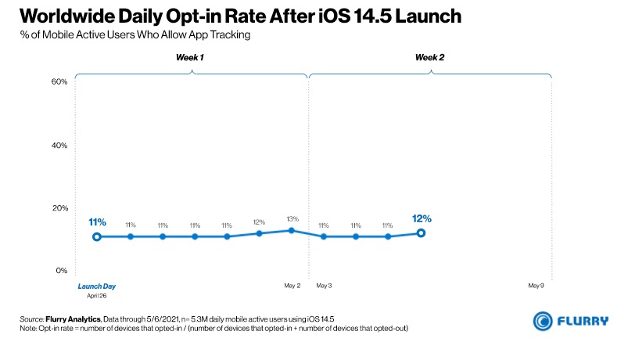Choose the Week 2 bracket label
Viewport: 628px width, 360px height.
click(x=429, y=57)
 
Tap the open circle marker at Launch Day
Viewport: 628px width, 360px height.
click(x=97, y=236)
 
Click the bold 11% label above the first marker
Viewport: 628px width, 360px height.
click(x=97, y=221)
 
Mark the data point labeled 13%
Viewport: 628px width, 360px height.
click(x=291, y=230)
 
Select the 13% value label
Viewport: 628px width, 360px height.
click(x=291, y=218)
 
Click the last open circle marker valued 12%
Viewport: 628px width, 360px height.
click(x=421, y=232)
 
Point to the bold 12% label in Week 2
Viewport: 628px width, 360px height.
click(x=422, y=218)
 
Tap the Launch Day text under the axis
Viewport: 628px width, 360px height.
click(x=96, y=286)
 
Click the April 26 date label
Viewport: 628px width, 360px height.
click(x=96, y=296)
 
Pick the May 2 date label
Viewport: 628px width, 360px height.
click(x=292, y=286)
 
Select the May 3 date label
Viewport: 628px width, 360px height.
click(x=324, y=286)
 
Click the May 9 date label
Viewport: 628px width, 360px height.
click(x=536, y=286)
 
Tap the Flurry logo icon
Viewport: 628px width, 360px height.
click(x=544, y=321)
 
